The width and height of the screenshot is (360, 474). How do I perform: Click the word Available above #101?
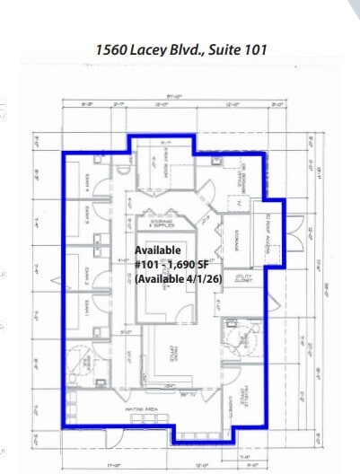click(158, 250)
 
